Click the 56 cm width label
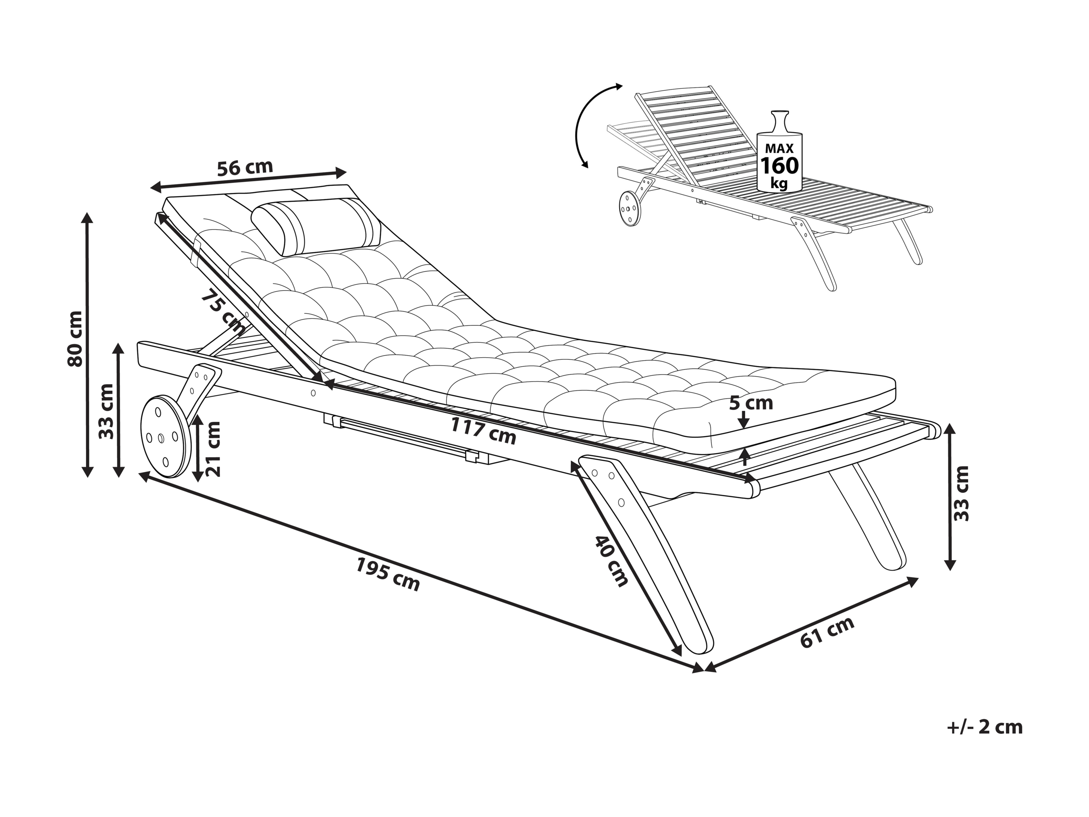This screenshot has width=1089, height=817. [x=245, y=167]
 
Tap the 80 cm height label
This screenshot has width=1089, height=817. [x=75, y=339]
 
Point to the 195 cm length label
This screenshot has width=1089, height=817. [x=388, y=574]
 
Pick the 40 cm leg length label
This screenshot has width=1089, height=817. [x=611, y=561]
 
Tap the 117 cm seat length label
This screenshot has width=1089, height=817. [x=484, y=431]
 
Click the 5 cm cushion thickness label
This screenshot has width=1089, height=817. [x=751, y=403]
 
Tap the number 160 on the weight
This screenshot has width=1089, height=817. [x=779, y=166]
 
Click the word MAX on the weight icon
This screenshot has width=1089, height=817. [x=779, y=148]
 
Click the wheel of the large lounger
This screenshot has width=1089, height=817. [x=164, y=436]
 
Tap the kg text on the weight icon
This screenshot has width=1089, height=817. [x=780, y=185]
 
